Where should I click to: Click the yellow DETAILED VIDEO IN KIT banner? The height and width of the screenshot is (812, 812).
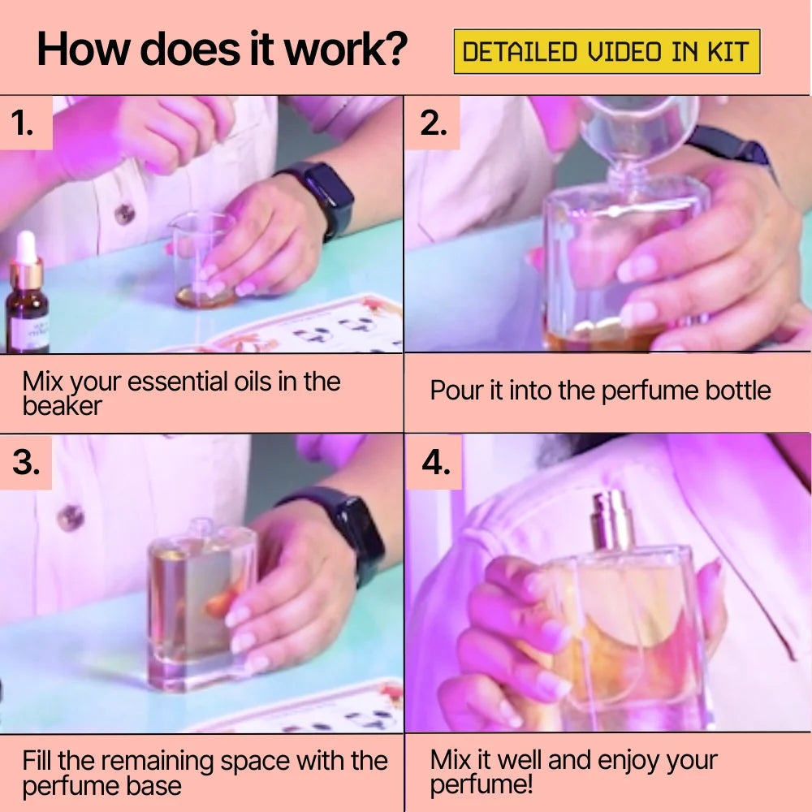click(x=607, y=52)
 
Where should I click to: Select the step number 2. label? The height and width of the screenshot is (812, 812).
click(x=434, y=123)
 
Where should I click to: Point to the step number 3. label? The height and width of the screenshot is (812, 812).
click(x=26, y=462)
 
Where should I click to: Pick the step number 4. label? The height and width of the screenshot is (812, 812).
click(x=436, y=462)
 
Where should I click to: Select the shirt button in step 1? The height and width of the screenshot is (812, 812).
click(x=125, y=214)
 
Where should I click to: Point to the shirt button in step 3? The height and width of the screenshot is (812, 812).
click(x=71, y=518)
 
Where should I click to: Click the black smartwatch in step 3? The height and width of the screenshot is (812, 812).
click(x=344, y=533)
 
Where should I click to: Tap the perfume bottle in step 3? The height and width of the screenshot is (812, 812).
click(x=202, y=605)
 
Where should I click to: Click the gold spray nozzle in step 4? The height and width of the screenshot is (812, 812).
click(x=612, y=521)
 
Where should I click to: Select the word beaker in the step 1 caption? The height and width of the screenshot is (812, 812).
click(x=63, y=406)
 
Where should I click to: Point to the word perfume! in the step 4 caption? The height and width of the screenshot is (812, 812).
click(x=481, y=785)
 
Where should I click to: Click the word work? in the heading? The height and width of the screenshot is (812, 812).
click(x=346, y=50)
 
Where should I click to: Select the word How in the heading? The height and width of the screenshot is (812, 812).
click(x=83, y=50)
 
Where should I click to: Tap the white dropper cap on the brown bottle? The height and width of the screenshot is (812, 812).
click(x=25, y=248)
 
